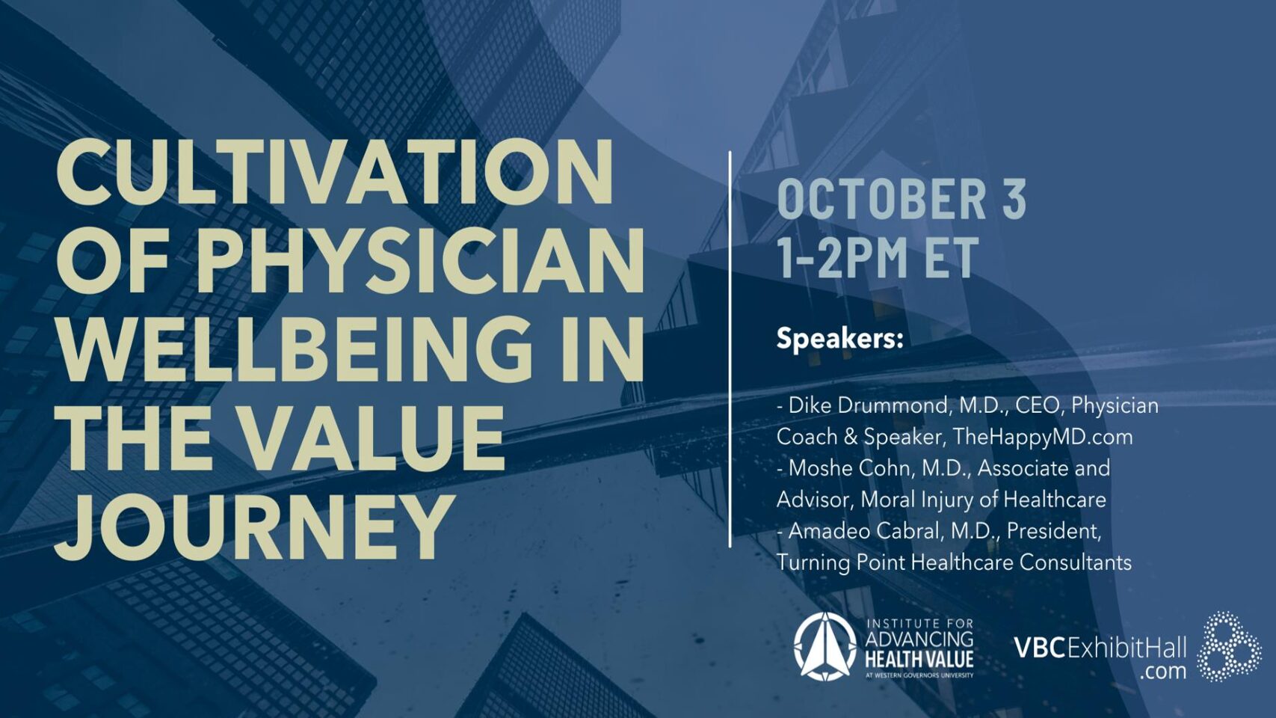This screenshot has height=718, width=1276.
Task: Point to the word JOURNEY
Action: (x=254, y=525)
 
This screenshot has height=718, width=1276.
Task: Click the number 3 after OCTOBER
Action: (x=1014, y=200)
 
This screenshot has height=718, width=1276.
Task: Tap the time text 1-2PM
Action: (x=842, y=257)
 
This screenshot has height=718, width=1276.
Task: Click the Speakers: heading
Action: (x=839, y=340)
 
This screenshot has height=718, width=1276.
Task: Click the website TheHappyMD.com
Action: (x=1043, y=438)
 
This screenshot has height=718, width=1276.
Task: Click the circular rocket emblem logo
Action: (x=825, y=647)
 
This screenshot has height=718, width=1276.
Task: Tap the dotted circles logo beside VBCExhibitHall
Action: (x=1229, y=647)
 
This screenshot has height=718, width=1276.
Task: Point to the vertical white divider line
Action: (x=730, y=349)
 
